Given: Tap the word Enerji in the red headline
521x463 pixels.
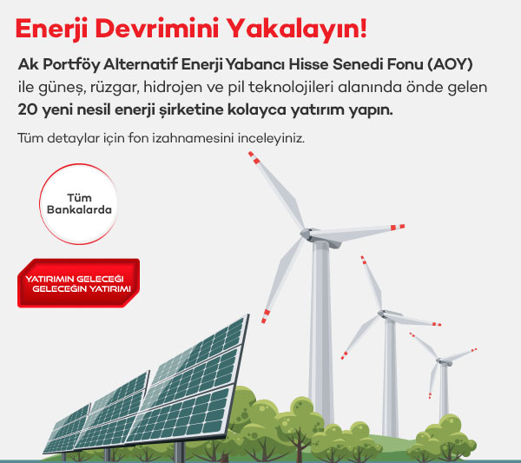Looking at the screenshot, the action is (51, 30).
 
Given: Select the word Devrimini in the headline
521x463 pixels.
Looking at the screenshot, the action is (157, 28).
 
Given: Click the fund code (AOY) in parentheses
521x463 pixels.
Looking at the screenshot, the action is (450, 64).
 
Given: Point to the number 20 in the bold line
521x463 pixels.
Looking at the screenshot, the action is (28, 109).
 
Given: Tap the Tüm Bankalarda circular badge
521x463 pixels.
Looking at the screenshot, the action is (78, 204).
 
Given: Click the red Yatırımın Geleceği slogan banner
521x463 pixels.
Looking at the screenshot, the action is (78, 283).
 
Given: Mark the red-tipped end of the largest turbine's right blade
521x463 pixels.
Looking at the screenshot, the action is (398, 227).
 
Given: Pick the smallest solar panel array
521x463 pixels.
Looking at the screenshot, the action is (67, 429).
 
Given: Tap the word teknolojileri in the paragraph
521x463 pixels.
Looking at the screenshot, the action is (290, 87).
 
